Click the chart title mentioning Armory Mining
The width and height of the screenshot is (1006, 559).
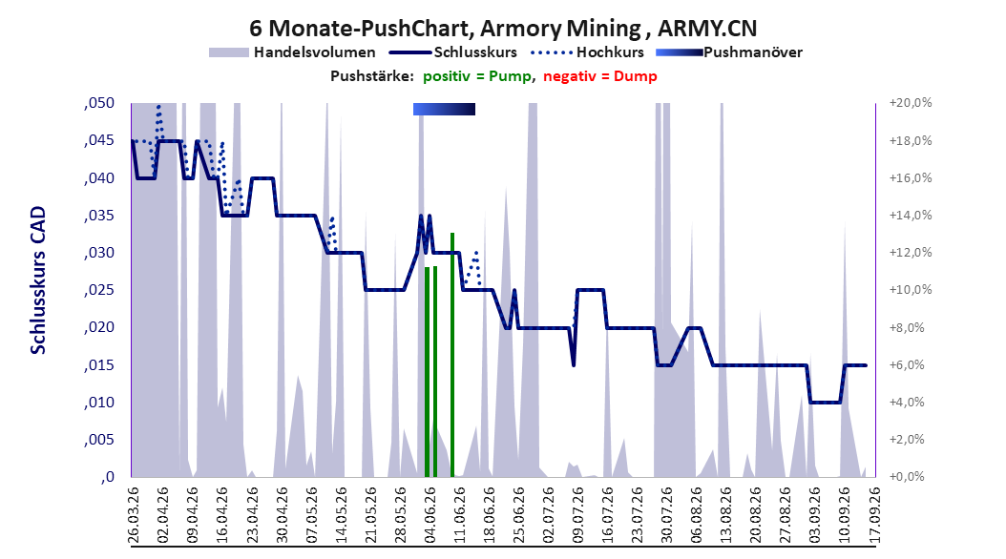click(x=503, y=29)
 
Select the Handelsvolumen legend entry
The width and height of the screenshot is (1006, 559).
click(x=293, y=52)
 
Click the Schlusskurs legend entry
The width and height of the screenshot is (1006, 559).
click(x=453, y=52)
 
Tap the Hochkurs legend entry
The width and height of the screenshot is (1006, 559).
click(x=588, y=52)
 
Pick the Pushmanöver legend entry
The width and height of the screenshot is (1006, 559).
click(x=729, y=52)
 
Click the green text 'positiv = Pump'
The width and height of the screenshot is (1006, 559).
click(x=477, y=76)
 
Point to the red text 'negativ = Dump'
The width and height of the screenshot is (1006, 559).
click(x=600, y=76)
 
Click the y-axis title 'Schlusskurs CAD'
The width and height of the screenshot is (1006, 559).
click(x=38, y=280)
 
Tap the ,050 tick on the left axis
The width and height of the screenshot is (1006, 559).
click(x=99, y=103)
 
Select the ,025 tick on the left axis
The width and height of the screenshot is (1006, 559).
click(x=99, y=290)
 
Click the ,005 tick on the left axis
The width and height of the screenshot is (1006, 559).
click(x=99, y=440)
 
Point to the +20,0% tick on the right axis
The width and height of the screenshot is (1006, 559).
click(x=911, y=103)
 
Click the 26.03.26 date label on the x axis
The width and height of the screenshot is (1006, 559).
click(x=134, y=515)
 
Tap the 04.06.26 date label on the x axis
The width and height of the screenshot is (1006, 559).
click(x=430, y=515)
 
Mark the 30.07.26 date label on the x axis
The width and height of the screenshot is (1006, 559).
click(x=667, y=515)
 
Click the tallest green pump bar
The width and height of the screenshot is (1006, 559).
click(x=452, y=355)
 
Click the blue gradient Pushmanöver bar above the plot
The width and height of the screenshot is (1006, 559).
click(x=444, y=109)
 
